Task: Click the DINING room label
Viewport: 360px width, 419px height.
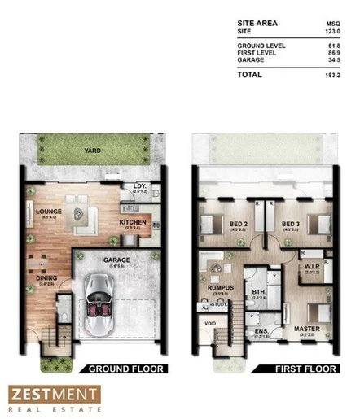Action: coord(46,277)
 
